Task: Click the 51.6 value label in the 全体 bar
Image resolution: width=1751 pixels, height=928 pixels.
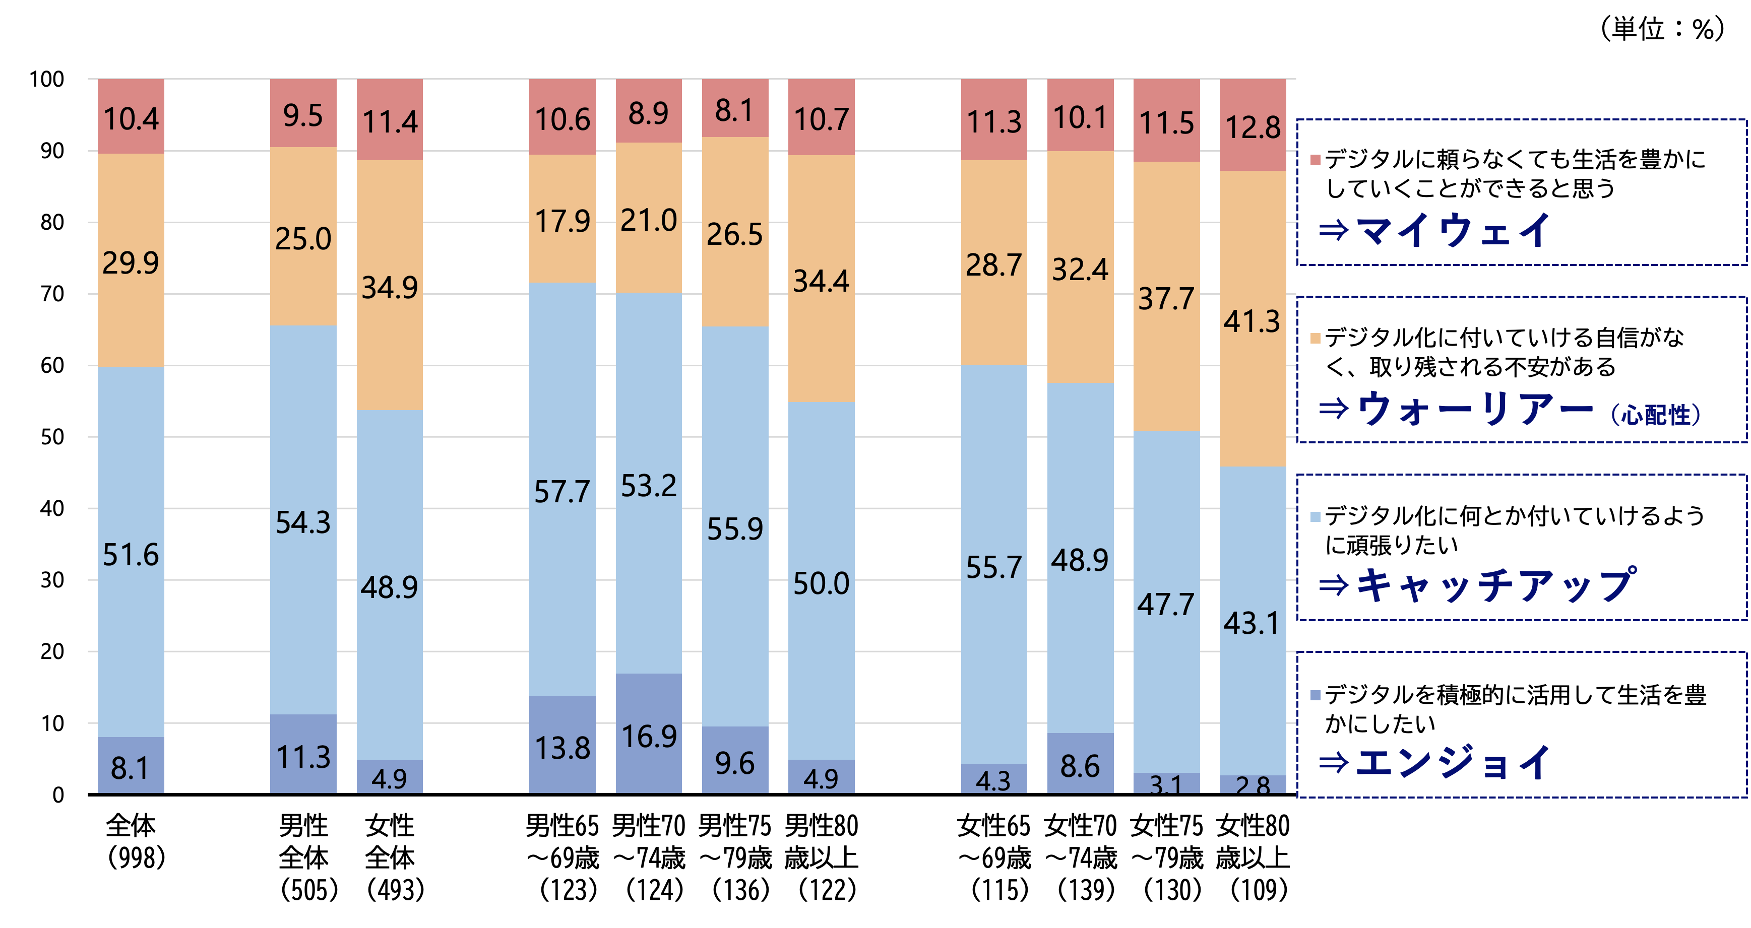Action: click(x=131, y=555)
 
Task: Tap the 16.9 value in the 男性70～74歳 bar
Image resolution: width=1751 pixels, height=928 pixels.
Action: click(x=649, y=737)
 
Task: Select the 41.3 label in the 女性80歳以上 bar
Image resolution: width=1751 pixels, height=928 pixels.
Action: click(x=1252, y=321)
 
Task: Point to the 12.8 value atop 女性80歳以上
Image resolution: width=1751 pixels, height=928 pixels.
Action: click(x=1252, y=127)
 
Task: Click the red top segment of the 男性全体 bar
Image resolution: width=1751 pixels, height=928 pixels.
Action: click(x=303, y=113)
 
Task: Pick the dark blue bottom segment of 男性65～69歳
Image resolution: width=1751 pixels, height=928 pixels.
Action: click(x=562, y=745)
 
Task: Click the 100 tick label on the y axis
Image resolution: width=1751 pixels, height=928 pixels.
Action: click(x=47, y=80)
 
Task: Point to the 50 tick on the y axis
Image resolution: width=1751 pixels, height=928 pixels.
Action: click(x=52, y=437)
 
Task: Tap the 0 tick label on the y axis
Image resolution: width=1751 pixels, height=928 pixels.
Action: click(x=58, y=795)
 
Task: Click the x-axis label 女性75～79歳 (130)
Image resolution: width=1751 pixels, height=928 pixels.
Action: click(x=1166, y=857)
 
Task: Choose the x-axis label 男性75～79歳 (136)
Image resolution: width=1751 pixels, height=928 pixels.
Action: click(x=735, y=857)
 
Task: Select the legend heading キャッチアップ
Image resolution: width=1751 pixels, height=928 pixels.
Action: click(x=1495, y=585)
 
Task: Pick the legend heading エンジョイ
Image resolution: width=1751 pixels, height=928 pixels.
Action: click(x=1453, y=762)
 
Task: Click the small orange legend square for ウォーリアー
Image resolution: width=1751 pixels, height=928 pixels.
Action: click(x=1316, y=339)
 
